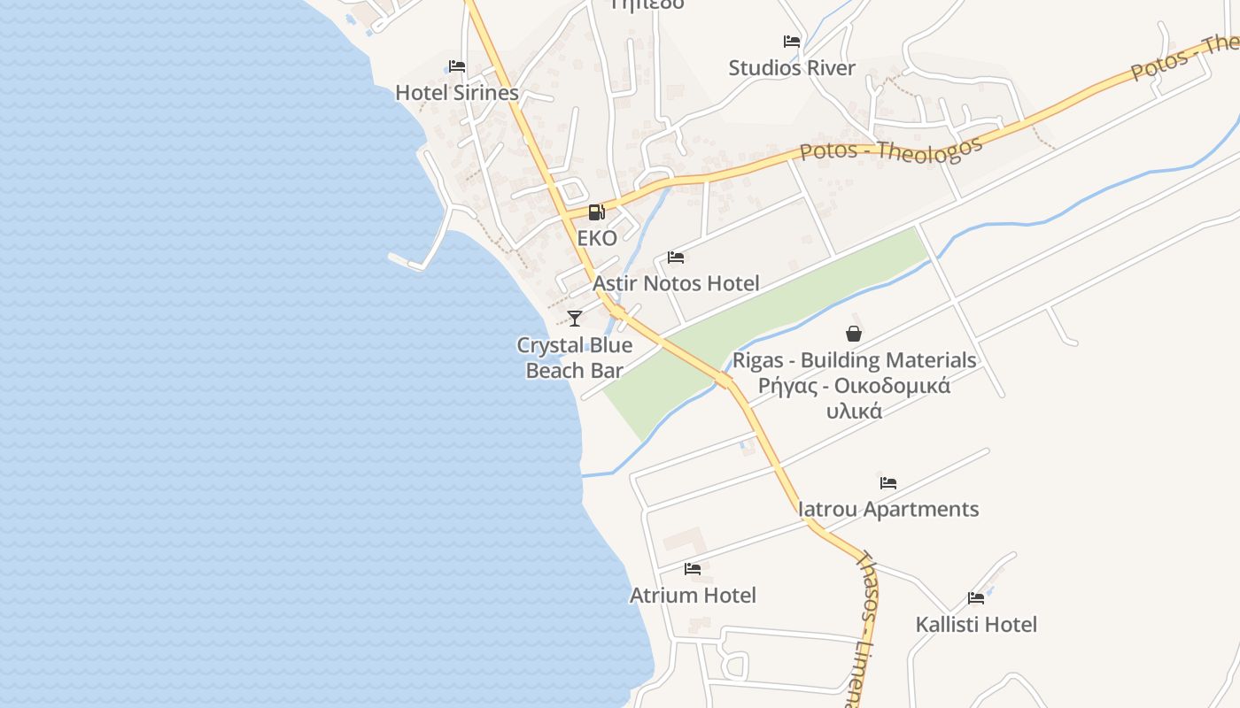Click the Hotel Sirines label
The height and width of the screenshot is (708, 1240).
pos(456,92)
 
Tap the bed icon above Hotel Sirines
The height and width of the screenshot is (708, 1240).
pos(457,66)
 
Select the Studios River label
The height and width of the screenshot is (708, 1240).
pos(792,68)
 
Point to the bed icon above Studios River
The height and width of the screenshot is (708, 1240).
pos(792,42)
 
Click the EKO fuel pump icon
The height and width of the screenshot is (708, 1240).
pos(597,212)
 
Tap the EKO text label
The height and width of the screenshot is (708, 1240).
pos(597,238)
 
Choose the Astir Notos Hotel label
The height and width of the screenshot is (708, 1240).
pos(676,283)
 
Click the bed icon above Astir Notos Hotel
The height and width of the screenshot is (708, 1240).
pos(676,258)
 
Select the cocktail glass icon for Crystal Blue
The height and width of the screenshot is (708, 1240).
pos(575,319)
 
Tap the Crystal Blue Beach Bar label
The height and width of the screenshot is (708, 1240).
pos(575,358)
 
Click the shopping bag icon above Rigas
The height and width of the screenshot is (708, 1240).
pos(854,334)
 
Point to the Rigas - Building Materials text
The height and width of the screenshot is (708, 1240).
pos(854,360)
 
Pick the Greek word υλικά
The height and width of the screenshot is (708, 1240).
pos(854,411)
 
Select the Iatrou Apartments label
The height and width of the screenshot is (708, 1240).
pos(888,509)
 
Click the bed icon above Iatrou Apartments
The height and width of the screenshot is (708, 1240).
pos(888,483)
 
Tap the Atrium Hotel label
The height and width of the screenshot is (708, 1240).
pos(693,595)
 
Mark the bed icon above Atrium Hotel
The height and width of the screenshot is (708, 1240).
pos(693,569)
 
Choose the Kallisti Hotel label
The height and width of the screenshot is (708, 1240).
pos(976,624)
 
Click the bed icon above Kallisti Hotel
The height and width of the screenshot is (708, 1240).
pos(976,598)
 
